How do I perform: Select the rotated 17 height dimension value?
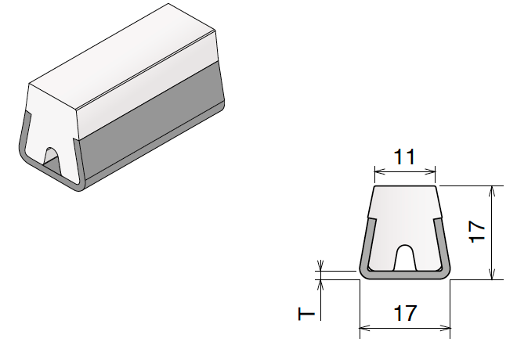pyautogui.click(x=478, y=232)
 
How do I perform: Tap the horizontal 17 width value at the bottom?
pyautogui.click(x=404, y=314)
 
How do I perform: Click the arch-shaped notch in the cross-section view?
pyautogui.click(x=404, y=257)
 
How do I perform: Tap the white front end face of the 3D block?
pyautogui.click(x=51, y=117)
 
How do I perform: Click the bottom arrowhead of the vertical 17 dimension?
pyautogui.click(x=492, y=275)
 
